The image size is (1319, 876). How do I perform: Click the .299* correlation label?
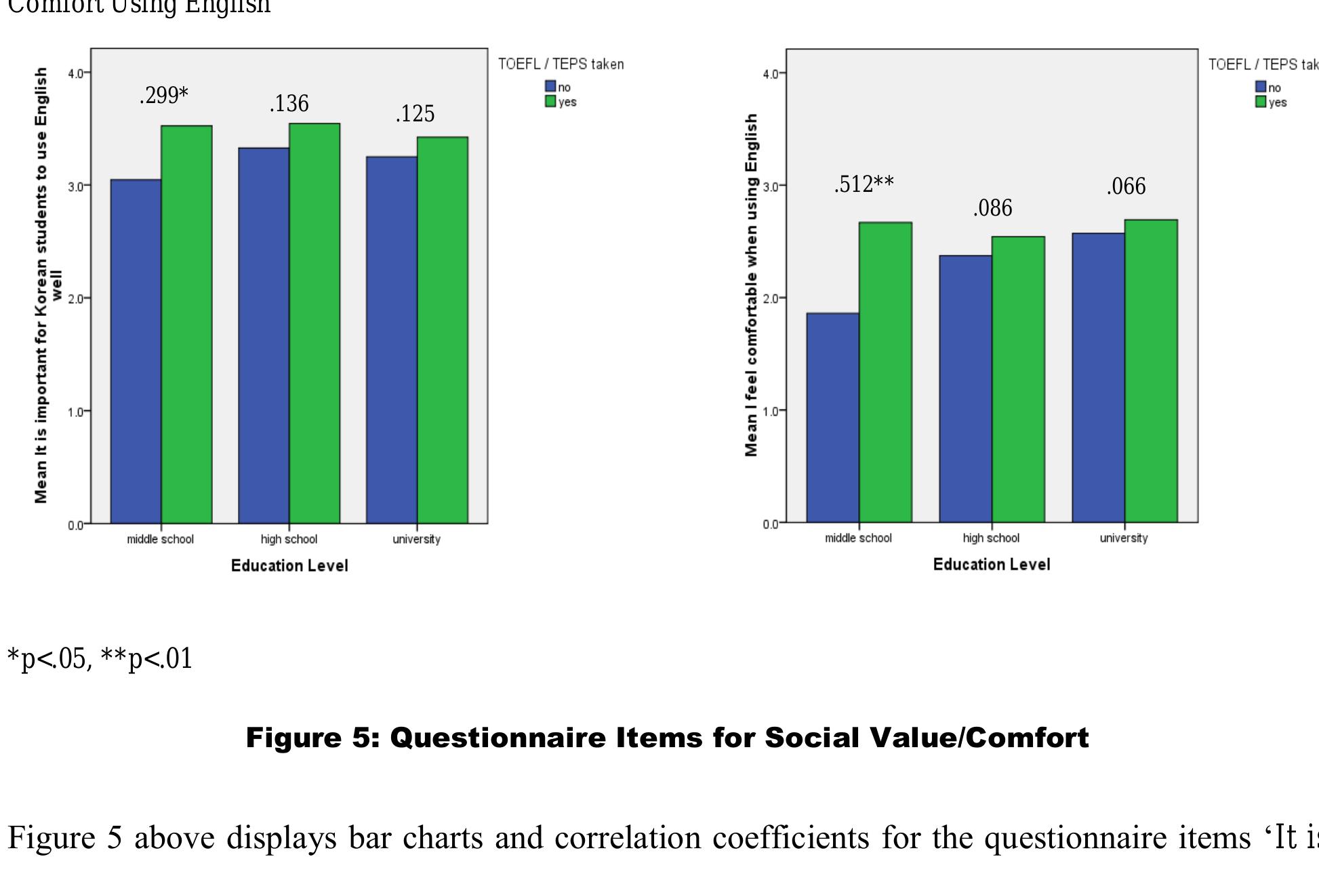tap(164, 96)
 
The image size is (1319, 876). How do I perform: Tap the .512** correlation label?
tap(864, 184)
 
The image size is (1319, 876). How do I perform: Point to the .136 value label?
tap(289, 104)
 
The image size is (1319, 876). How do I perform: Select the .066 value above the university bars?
tap(1126, 186)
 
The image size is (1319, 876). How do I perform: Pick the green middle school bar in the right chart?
tap(885, 372)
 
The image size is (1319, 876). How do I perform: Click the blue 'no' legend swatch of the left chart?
tap(550, 87)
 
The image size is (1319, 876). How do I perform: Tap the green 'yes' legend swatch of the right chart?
tap(1261, 102)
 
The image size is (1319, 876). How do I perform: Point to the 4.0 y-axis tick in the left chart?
tap(76, 73)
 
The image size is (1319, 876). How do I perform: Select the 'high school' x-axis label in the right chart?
tap(990, 538)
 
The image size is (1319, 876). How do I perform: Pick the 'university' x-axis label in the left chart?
tap(416, 540)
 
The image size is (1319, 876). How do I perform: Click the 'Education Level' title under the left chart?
tap(289, 566)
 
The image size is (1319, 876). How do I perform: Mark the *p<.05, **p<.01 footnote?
tap(100, 659)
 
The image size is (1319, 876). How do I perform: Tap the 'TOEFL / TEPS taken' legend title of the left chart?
tap(561, 64)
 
